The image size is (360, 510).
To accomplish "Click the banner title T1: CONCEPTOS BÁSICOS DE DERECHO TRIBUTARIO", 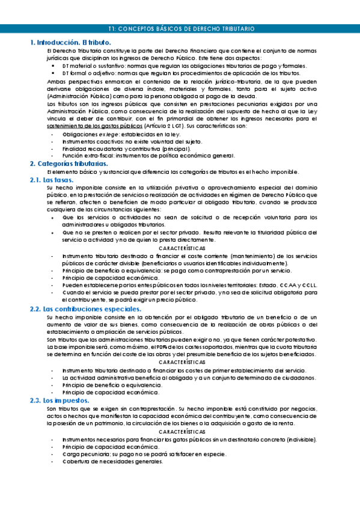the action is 181,28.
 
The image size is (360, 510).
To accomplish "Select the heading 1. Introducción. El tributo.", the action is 71,43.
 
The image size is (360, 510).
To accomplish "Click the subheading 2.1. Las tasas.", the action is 52,180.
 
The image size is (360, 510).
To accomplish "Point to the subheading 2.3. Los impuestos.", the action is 59,400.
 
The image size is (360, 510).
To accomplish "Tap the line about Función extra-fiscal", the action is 139,156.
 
